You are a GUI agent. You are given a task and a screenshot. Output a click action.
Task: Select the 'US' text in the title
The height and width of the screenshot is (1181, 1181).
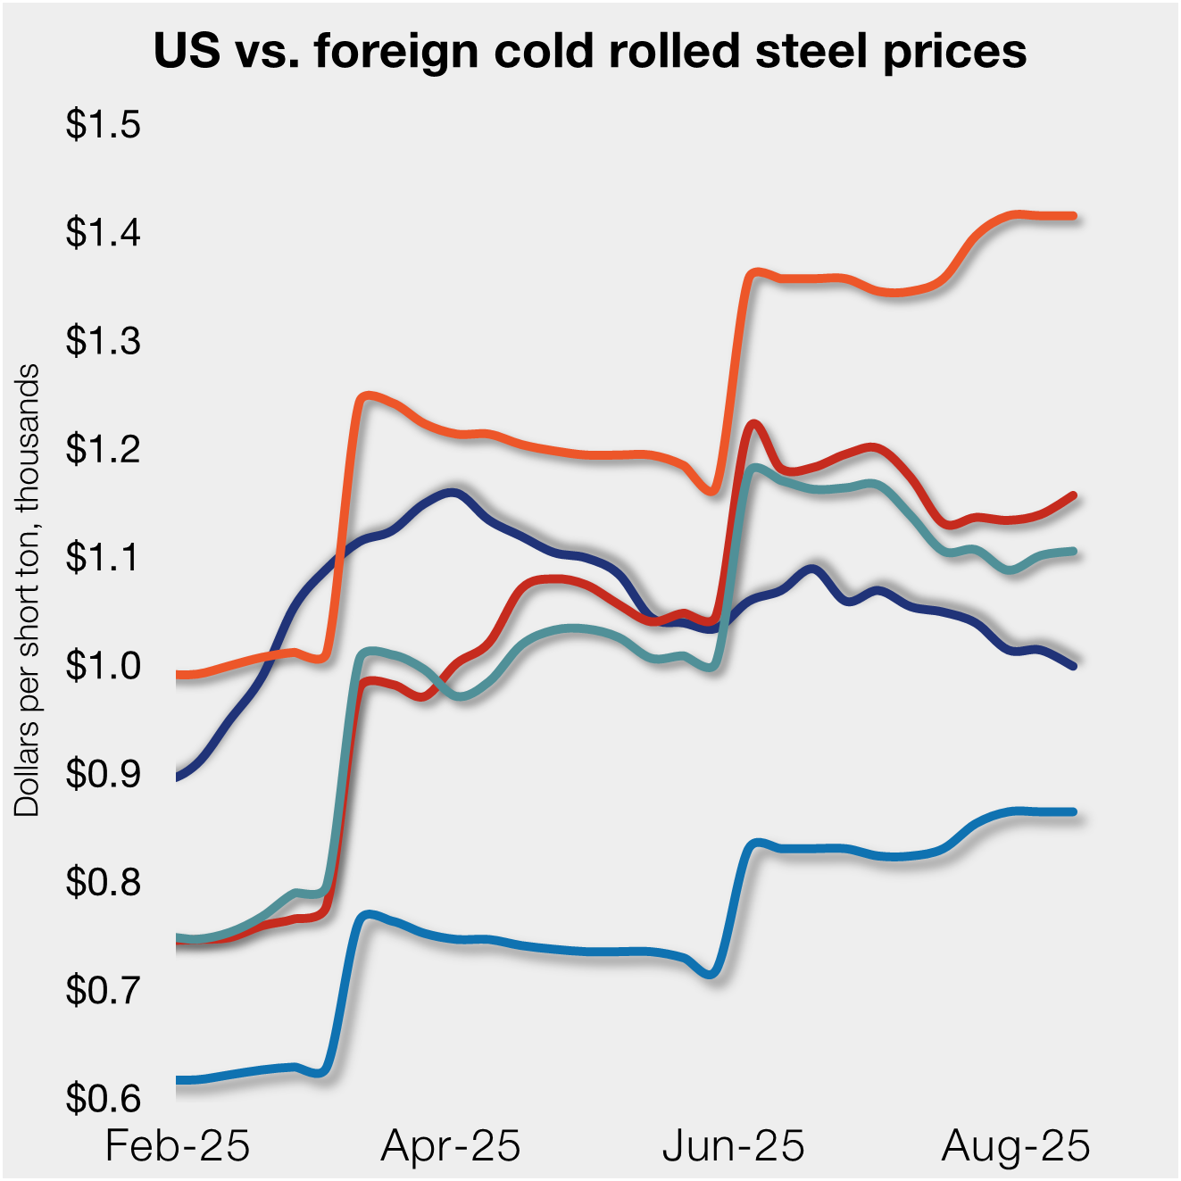pyautogui.click(x=187, y=51)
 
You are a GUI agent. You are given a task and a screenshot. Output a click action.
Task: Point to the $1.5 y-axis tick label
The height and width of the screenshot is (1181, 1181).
pyautogui.click(x=104, y=124)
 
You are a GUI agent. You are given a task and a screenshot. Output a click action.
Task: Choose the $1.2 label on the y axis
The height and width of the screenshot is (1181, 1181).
pyautogui.click(x=104, y=449)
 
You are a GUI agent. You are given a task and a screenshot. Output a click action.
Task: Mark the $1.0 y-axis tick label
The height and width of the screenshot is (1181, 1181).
pyautogui.click(x=104, y=666)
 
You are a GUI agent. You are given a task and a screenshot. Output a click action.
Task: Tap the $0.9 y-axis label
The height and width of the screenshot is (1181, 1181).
pyautogui.click(x=104, y=774)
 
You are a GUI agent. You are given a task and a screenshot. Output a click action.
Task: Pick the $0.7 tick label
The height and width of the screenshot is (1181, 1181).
pyautogui.click(x=104, y=990)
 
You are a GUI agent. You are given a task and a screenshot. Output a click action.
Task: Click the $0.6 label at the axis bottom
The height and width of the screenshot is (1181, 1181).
pyautogui.click(x=104, y=1098)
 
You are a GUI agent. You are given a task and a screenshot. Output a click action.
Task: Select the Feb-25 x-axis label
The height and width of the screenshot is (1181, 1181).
pyautogui.click(x=178, y=1145)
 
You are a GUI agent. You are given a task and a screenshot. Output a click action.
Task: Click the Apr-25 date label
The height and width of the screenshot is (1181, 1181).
pyautogui.click(x=451, y=1145)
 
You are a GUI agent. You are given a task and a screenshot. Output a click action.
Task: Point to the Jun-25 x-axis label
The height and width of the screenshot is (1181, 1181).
pyautogui.click(x=734, y=1145)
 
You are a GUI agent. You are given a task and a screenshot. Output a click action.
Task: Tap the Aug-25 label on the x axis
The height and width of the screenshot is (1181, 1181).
pyautogui.click(x=1016, y=1145)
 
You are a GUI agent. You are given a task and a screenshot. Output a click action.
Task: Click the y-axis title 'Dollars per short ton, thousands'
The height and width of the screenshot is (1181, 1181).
pyautogui.click(x=28, y=589)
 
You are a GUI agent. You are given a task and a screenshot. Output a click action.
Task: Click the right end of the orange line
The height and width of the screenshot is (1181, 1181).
pyautogui.click(x=1073, y=216)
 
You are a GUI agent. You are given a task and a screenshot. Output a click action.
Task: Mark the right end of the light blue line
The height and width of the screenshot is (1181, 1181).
pyautogui.click(x=1073, y=812)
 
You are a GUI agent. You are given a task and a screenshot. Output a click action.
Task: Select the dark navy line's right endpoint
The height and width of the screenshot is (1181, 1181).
pyautogui.click(x=1073, y=666)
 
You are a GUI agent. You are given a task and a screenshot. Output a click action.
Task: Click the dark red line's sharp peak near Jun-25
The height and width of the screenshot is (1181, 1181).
pyautogui.click(x=754, y=424)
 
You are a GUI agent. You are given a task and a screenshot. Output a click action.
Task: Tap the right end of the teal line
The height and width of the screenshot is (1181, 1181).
pyautogui.click(x=1073, y=551)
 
